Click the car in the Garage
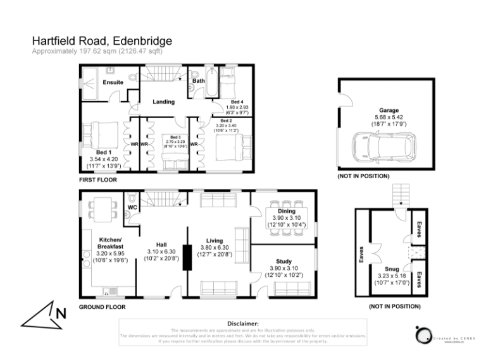384,145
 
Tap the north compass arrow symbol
44,315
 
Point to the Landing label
163,102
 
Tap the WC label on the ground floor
132,207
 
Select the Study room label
283,261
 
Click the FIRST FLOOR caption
99,180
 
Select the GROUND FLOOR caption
102,307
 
